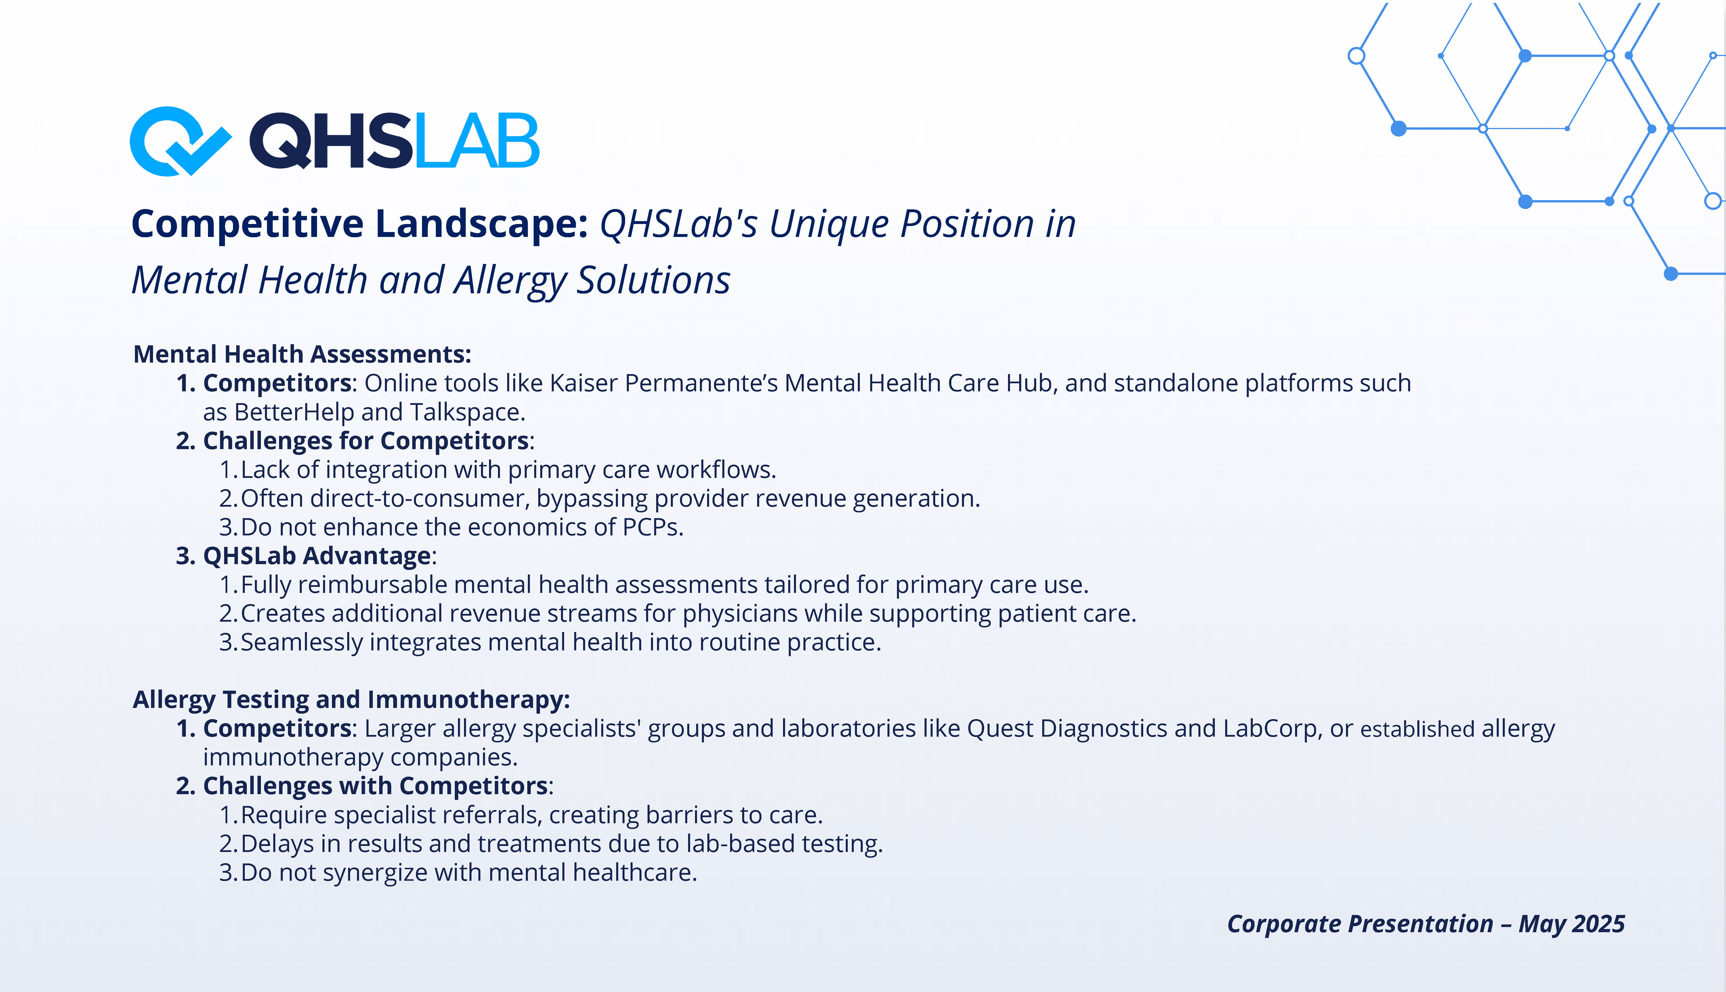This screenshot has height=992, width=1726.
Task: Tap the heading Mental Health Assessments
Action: pos(302,354)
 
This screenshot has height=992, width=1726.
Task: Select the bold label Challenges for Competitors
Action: pos(366,441)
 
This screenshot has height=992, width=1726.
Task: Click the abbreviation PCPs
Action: pos(653,527)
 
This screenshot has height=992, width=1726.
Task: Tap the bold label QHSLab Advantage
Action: pos(317,556)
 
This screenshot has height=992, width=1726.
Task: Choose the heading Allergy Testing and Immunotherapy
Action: pos(351,700)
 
